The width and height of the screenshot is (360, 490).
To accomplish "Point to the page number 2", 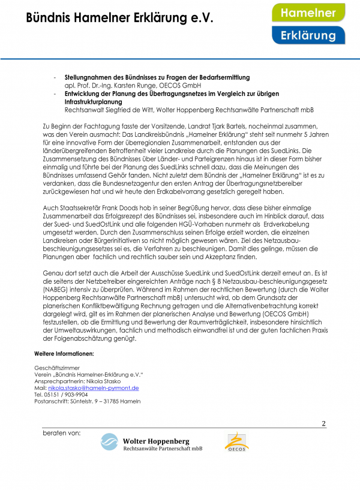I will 323,424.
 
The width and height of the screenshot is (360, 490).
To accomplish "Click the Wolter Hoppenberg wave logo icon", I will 110,443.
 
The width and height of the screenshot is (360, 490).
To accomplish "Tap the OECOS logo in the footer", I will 237,443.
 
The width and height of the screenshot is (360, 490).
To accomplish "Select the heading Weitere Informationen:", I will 64,353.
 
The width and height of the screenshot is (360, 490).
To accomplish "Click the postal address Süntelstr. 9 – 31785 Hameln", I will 107,401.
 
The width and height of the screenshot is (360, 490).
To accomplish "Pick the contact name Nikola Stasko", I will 108,381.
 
